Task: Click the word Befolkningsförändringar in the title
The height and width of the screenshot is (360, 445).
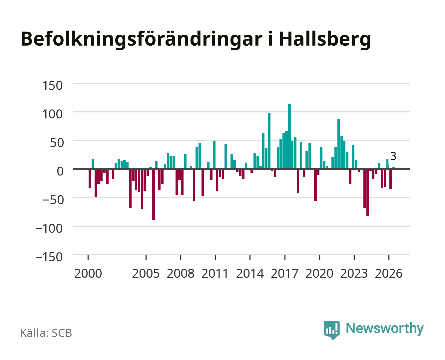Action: point(141,39)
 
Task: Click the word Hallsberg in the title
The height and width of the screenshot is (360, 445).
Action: point(325,39)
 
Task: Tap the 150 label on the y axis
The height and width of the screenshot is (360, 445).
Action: point(52,86)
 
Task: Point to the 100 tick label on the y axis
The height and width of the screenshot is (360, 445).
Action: point(52,114)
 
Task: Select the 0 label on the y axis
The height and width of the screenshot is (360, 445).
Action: point(60,171)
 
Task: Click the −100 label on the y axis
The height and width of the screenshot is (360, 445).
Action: point(49,228)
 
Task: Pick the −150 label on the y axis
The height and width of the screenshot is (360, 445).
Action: point(49,257)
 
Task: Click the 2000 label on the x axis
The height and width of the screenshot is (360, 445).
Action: point(88,273)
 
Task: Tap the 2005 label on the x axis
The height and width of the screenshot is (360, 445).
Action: point(146,273)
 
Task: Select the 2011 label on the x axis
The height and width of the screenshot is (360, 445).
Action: point(215,273)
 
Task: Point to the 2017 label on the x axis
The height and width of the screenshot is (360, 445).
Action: point(284,273)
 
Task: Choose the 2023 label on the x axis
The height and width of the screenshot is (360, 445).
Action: point(354,273)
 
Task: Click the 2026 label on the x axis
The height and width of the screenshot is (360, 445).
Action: point(389,273)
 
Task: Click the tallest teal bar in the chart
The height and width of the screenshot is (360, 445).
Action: point(289,137)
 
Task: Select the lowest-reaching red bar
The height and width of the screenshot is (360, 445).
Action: point(154,194)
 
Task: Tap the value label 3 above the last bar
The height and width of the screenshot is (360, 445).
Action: point(393,156)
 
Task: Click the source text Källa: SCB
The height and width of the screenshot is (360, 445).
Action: point(46,333)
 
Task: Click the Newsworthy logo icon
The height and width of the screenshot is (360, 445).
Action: point(332,330)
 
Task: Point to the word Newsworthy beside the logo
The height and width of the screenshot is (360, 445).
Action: point(385,329)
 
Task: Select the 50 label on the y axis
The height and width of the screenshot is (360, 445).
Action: point(57,143)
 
